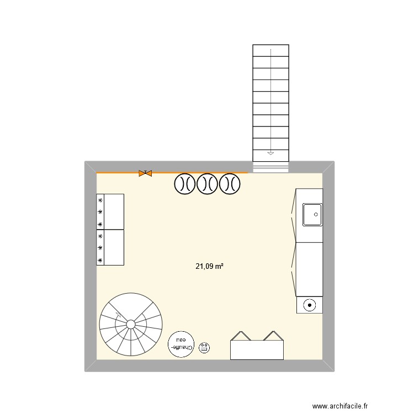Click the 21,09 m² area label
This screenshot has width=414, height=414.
click(209, 266)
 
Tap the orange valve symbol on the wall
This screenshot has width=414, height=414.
click(145, 173)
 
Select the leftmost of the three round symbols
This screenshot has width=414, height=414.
click(185, 184)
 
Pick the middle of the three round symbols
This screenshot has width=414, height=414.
click(208, 184)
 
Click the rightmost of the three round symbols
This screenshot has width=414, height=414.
click(230, 184)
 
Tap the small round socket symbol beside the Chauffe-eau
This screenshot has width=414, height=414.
click(205, 347)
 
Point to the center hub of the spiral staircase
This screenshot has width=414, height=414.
click(131, 324)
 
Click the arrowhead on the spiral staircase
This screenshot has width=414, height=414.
click(117, 315)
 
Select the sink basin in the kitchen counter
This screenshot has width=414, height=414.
click(313, 215)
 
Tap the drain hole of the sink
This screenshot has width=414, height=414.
click(316, 214)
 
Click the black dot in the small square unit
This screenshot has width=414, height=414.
click(310, 305)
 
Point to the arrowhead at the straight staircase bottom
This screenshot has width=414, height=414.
click(270, 153)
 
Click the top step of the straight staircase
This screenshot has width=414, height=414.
click(270, 50)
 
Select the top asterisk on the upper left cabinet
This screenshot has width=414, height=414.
click(100, 200)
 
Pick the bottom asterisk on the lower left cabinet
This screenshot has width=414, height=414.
click(100, 259)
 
